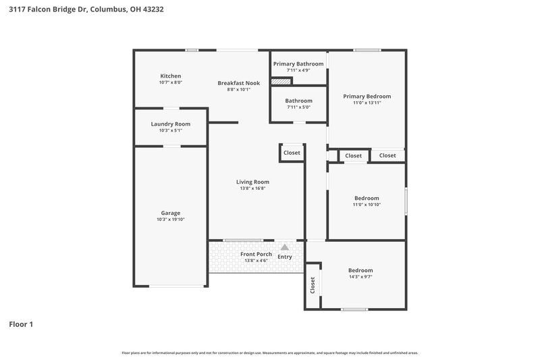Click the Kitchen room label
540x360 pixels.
tap(170, 76)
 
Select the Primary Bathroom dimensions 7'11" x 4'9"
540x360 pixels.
tap(298, 70)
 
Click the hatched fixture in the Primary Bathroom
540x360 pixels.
tap(281, 81)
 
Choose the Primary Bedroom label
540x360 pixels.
tap(367, 96)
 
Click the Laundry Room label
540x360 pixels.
tap(170, 124)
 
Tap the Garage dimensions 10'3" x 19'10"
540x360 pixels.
tap(170, 220)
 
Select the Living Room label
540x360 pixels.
tap(252, 182)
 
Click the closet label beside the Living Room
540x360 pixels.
tap(292, 153)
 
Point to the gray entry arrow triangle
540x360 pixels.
tap(285, 248)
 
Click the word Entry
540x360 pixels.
tap(285, 256)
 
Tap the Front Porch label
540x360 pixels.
tap(256, 254)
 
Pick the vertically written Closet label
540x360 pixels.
tap(313, 285)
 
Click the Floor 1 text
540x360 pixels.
tap(21, 324)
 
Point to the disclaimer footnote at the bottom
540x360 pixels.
tap(270, 353)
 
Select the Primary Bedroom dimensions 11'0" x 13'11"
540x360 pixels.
tap(367, 103)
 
